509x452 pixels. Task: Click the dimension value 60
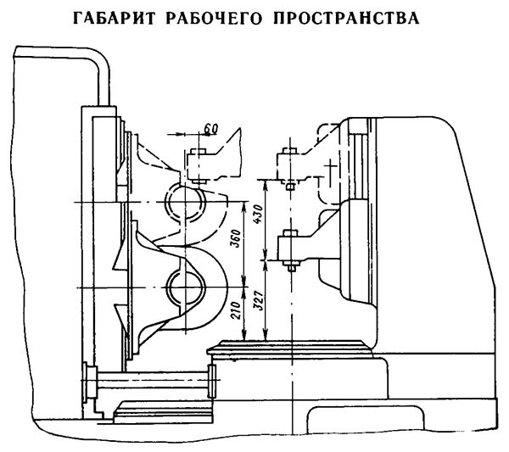click(x=212, y=127)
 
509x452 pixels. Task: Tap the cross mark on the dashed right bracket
click(x=327, y=171)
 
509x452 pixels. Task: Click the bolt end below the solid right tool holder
click(x=289, y=267)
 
